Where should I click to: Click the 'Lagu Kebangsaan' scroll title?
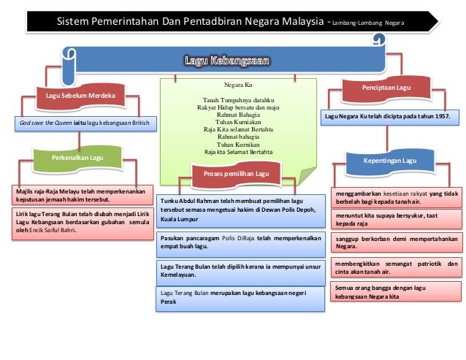[x=227, y=61]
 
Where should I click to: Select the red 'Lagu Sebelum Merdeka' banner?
[x=80, y=96]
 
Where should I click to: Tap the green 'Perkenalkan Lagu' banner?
[x=77, y=158]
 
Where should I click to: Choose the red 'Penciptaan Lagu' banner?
[x=386, y=88]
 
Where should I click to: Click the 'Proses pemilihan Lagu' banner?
[x=236, y=174]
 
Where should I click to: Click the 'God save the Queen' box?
[x=85, y=123]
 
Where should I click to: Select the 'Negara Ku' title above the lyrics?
[x=238, y=85]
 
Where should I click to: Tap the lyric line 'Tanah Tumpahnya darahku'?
[x=238, y=100]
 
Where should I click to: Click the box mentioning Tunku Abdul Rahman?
[x=241, y=211]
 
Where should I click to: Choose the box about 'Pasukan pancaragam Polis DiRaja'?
[x=241, y=244]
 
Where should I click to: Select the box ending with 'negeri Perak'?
[x=240, y=299]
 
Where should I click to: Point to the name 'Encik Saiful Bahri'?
[x=53, y=230]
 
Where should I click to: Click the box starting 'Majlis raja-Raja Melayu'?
[x=83, y=195]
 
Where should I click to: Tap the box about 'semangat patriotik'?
[x=397, y=267]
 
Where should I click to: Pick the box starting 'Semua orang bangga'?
[x=396, y=291]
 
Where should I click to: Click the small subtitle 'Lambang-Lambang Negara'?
[x=368, y=23]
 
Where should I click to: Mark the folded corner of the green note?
[x=307, y=176]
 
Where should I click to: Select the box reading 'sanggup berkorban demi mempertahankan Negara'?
[x=397, y=242]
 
